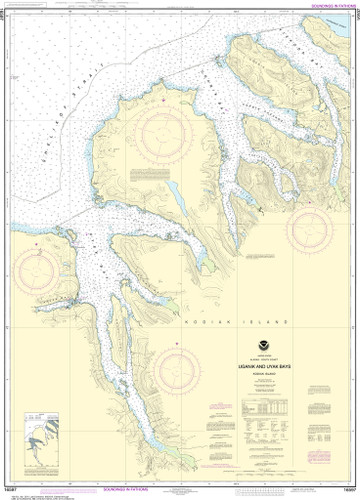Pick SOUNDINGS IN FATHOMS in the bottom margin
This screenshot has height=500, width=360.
(x=181, y=493)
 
